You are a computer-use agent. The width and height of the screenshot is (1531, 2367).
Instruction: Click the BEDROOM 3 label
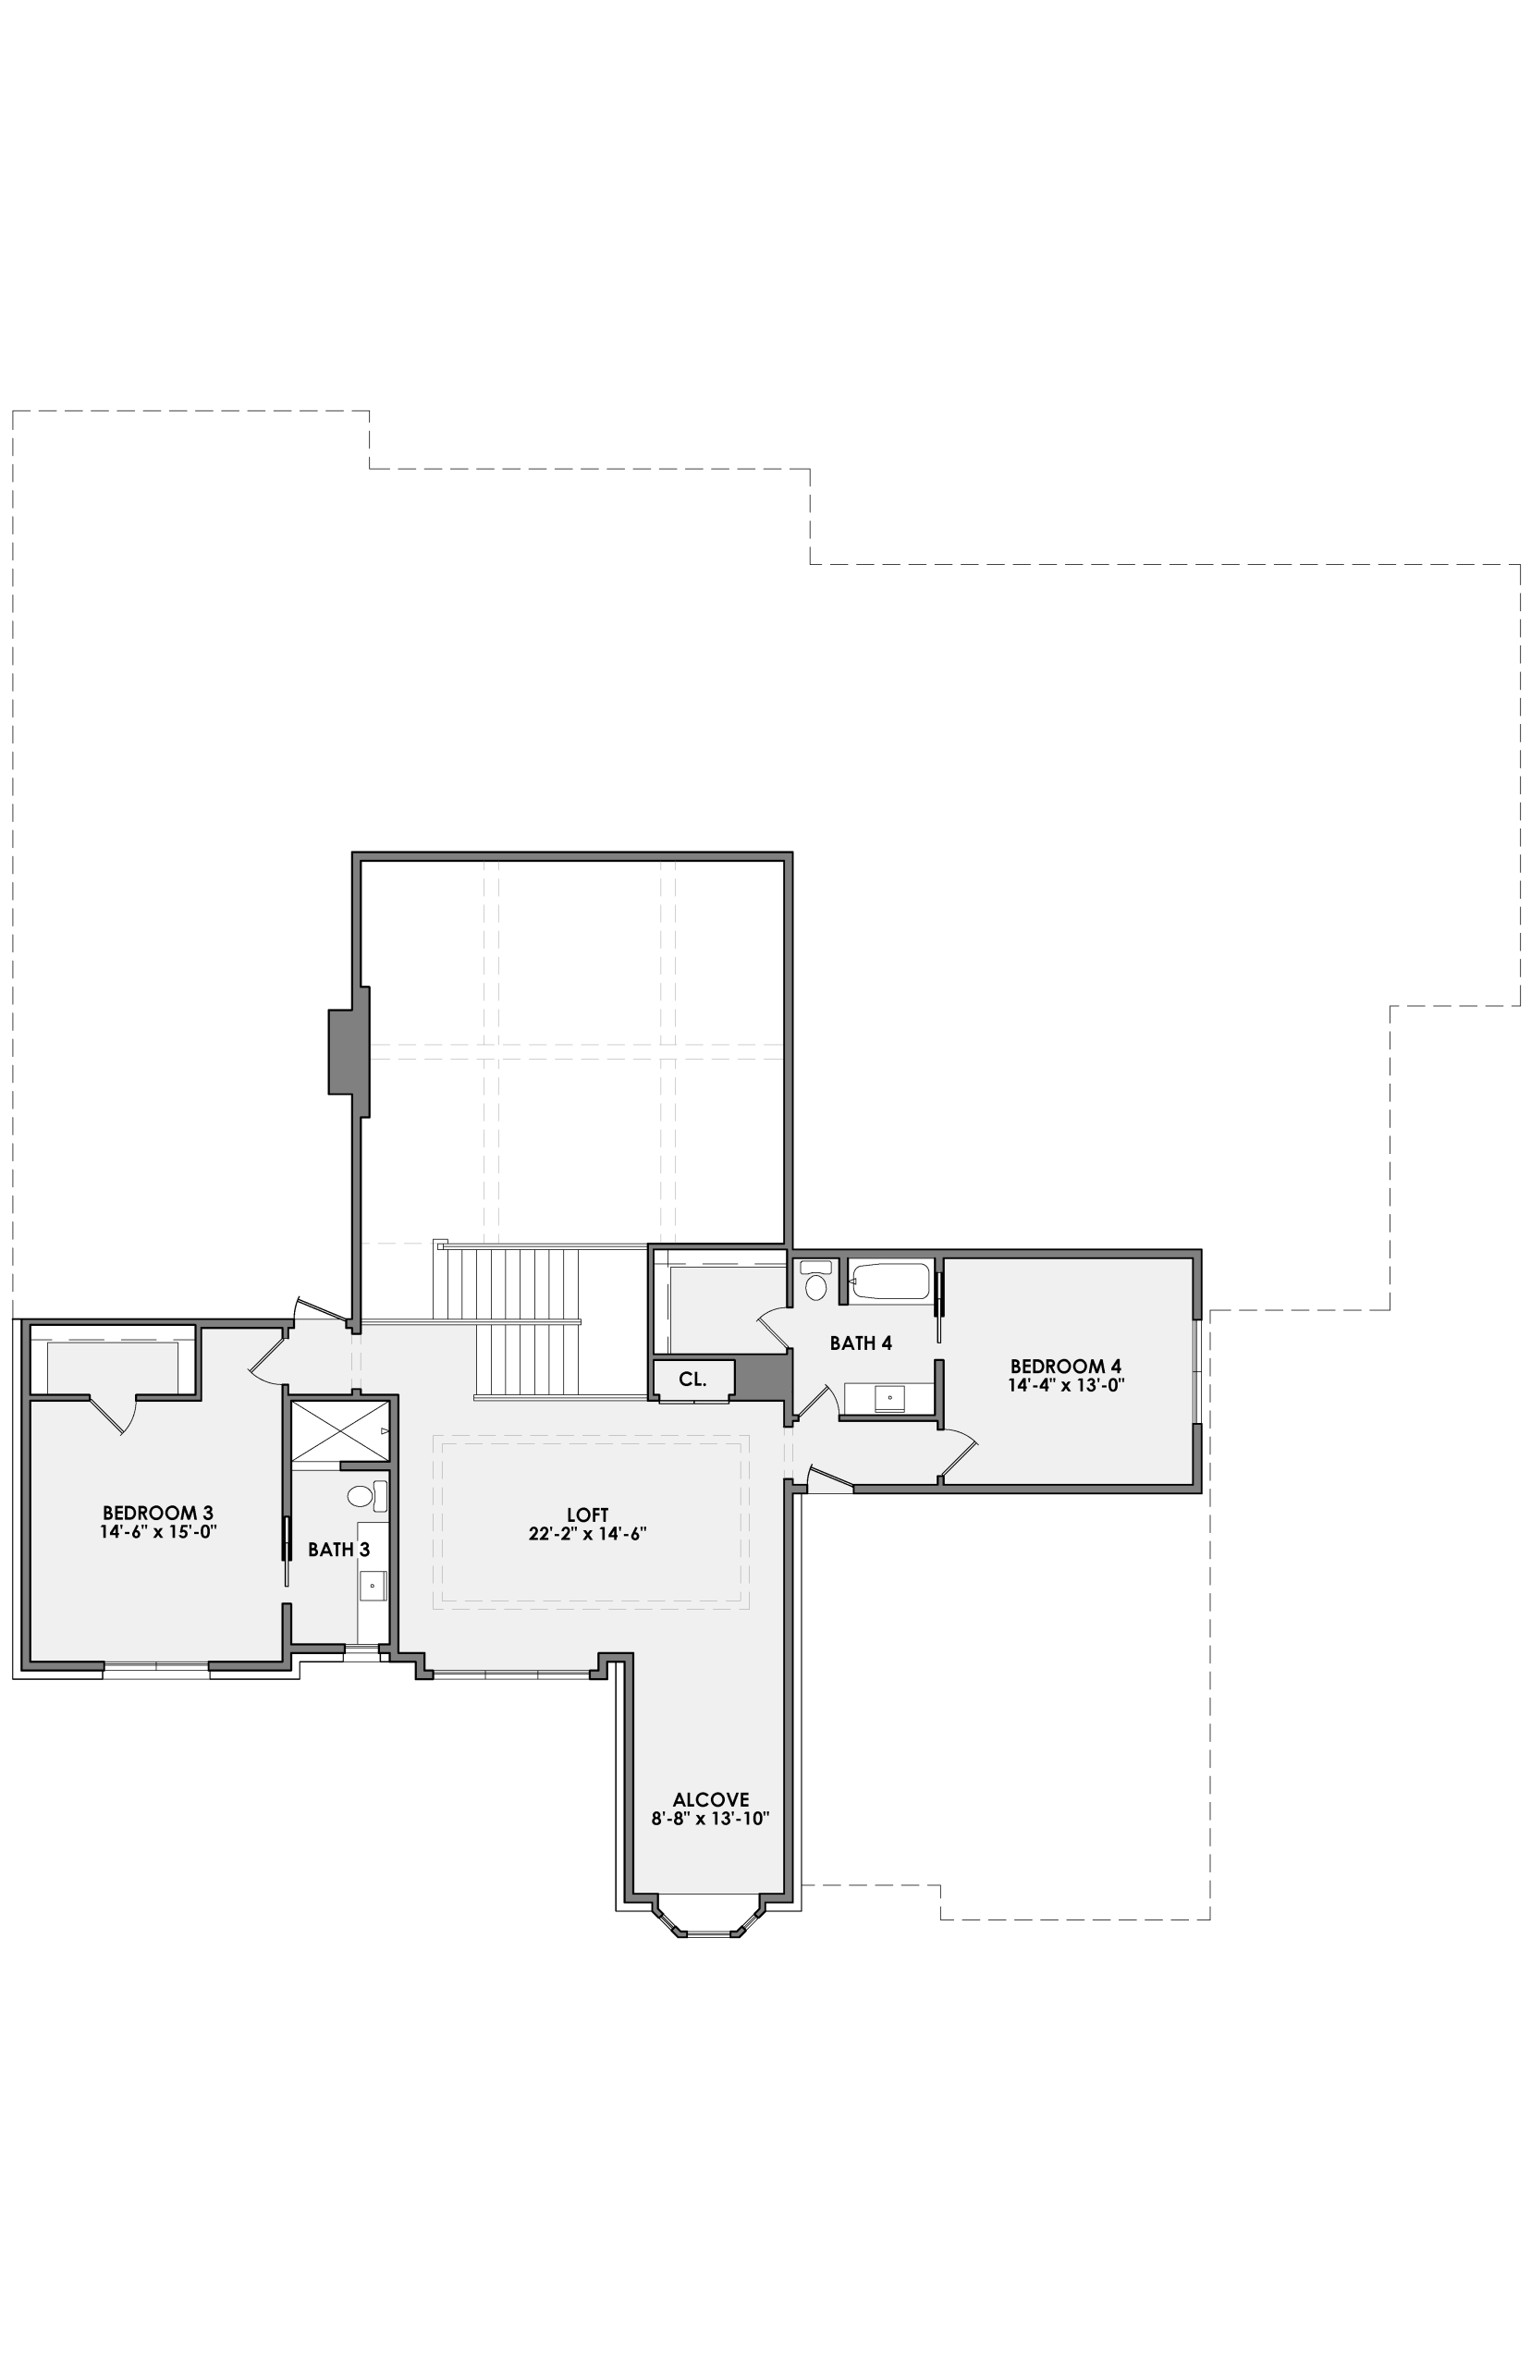click(158, 1513)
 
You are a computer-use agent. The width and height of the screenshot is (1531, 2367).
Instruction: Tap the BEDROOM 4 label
click(1066, 1366)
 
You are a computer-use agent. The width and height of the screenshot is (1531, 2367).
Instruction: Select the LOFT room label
click(588, 1515)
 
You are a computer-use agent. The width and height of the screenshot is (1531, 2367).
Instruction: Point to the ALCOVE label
click(711, 1799)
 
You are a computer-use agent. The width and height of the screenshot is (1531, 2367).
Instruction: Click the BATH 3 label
click(338, 1549)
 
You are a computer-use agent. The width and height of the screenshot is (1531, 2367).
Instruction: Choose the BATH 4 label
click(861, 1343)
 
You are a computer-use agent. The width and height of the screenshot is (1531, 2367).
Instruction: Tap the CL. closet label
click(693, 1379)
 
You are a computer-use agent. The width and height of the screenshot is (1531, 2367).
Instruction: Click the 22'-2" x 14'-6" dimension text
click(588, 1534)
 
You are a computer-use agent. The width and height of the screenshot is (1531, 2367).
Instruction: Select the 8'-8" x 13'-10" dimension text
click(711, 1820)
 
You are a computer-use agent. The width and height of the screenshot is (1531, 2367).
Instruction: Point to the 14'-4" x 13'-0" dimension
click(1066, 1385)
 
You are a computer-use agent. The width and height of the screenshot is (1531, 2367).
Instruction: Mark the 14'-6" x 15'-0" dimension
click(158, 1532)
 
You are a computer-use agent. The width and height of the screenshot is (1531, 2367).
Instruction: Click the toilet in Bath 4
click(816, 1282)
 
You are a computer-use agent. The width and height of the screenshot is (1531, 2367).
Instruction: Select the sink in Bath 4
click(889, 1398)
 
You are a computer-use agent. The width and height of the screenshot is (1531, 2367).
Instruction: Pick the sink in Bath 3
click(373, 1586)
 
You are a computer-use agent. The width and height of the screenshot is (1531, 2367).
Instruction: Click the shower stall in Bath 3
click(340, 1430)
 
